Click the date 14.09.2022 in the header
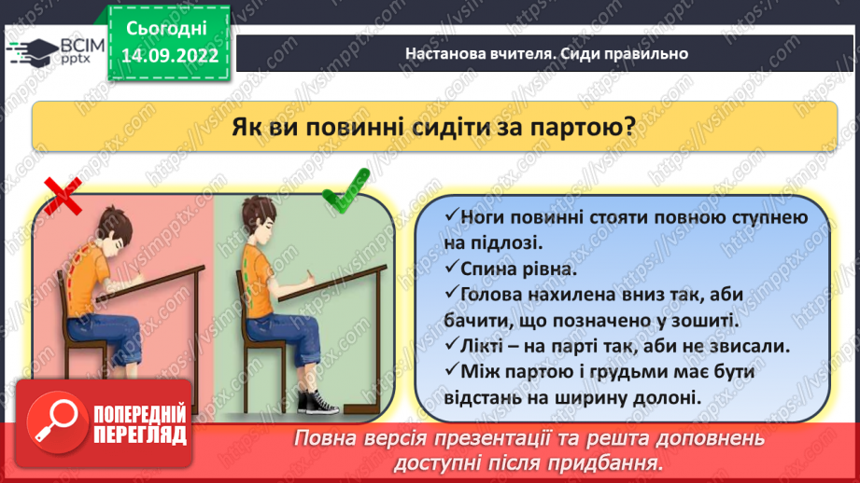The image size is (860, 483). coord(170,55)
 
